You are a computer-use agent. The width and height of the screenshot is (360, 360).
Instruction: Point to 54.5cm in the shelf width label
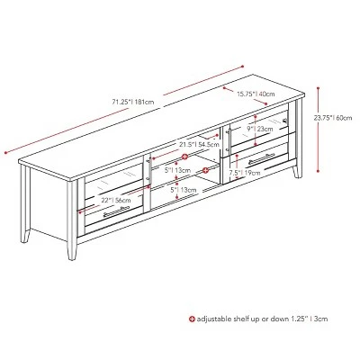(x=209, y=144)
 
